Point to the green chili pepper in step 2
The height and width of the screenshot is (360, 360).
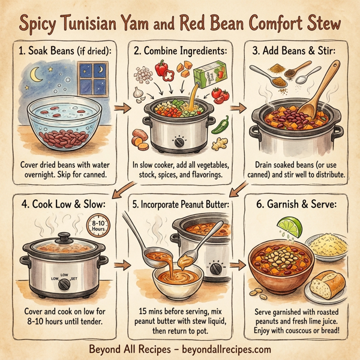pos(220,125)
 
